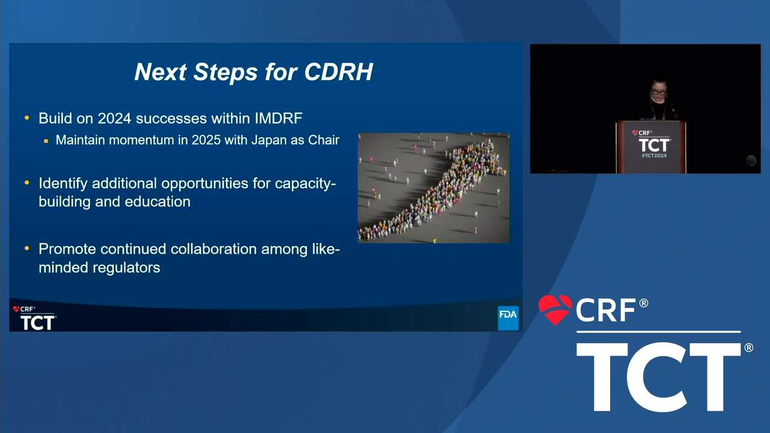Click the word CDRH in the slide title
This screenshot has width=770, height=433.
pyautogui.click(x=339, y=72)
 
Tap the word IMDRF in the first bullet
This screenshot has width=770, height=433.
pyautogui.click(x=279, y=118)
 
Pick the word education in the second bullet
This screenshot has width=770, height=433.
pyautogui.click(x=158, y=201)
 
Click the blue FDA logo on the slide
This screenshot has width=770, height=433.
pyautogui.click(x=508, y=318)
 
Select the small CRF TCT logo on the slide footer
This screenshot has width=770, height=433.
pyautogui.click(x=34, y=318)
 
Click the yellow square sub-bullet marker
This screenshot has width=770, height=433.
pyautogui.click(x=46, y=141)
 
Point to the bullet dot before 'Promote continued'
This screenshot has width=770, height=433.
pyautogui.click(x=27, y=248)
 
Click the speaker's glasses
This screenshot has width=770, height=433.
pyautogui.click(x=658, y=93)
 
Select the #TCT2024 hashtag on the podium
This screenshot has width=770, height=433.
pyautogui.click(x=654, y=156)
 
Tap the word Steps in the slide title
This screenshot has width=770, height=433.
pyautogui.click(x=225, y=72)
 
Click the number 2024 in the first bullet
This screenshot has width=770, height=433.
pyautogui.click(x=114, y=118)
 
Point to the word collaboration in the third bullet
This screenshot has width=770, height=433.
pyautogui.click(x=214, y=249)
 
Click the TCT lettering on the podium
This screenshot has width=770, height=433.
pyautogui.click(x=654, y=145)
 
